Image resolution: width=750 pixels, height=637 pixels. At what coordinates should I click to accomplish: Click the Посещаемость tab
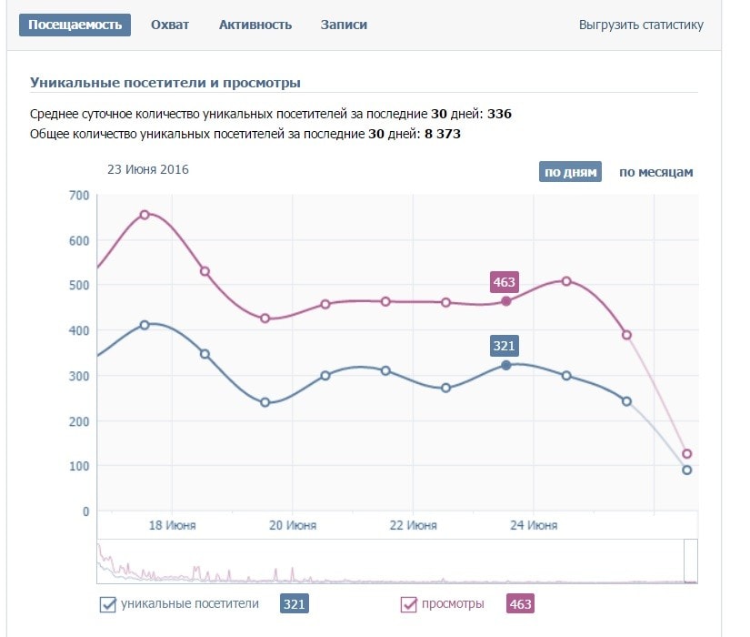tap(75, 25)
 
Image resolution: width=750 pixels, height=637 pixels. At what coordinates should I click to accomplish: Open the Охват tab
tap(170, 25)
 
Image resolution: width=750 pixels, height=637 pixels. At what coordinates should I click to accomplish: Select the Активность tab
tap(255, 25)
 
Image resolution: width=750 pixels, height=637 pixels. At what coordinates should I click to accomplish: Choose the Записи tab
tap(344, 25)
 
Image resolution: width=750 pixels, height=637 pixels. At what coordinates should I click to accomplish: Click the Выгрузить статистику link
tap(641, 25)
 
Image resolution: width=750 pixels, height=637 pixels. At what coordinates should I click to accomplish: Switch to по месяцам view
tap(655, 172)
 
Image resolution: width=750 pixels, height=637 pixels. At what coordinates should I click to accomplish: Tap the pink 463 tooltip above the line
tap(504, 282)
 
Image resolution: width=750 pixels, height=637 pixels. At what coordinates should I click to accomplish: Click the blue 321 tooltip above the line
tap(504, 346)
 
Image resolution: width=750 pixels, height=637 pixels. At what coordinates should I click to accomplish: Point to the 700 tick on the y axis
tap(79, 196)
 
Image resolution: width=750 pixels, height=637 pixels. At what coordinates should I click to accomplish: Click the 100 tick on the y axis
tap(79, 466)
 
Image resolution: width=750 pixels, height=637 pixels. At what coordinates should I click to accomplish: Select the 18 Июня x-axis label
tap(172, 525)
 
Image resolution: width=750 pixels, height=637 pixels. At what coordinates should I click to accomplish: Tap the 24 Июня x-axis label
tap(534, 525)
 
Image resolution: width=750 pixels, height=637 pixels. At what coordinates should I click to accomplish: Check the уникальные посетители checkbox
tap(108, 604)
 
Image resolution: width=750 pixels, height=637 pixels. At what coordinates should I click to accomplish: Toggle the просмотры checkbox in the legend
tap(409, 604)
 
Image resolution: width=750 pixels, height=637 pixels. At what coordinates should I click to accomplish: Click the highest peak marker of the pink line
tap(144, 215)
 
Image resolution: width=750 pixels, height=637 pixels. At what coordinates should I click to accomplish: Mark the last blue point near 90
tap(686, 470)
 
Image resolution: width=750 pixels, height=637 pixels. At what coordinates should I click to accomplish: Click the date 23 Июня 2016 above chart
tap(148, 168)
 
